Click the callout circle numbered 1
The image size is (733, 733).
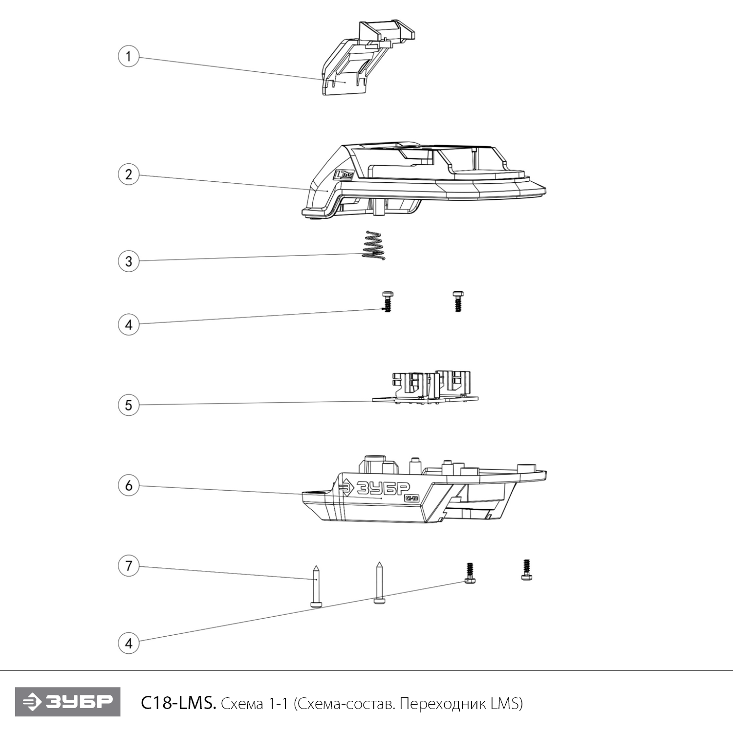pos(129,56)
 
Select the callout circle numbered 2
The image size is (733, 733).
pos(129,174)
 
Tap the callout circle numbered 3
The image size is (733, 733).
pos(129,261)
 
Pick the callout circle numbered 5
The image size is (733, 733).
pos(129,405)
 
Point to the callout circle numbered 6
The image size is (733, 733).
pos(129,485)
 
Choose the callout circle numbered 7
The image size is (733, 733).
pos(129,566)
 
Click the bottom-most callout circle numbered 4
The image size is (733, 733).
pos(129,643)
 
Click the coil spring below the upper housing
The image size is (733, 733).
pos(374,245)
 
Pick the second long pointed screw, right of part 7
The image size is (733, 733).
pos(379,582)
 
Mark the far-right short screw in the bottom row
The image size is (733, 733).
pos(526,570)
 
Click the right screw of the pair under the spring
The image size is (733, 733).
pos(457,302)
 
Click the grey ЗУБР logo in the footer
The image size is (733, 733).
pos(67,702)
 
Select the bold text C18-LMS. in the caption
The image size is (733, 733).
pos(178,703)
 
